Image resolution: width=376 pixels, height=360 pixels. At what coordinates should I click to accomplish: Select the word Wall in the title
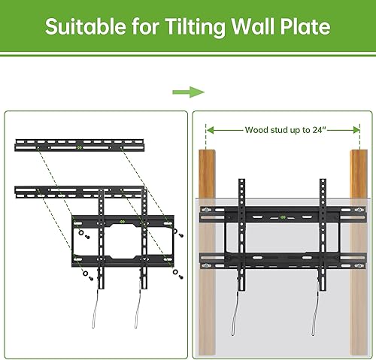[250, 28]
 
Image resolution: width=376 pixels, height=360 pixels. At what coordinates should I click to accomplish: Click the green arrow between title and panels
[188, 92]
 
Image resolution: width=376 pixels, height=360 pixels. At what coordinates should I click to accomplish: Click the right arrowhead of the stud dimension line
[356, 130]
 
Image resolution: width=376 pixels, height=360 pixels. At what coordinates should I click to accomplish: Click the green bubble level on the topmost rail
[80, 147]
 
